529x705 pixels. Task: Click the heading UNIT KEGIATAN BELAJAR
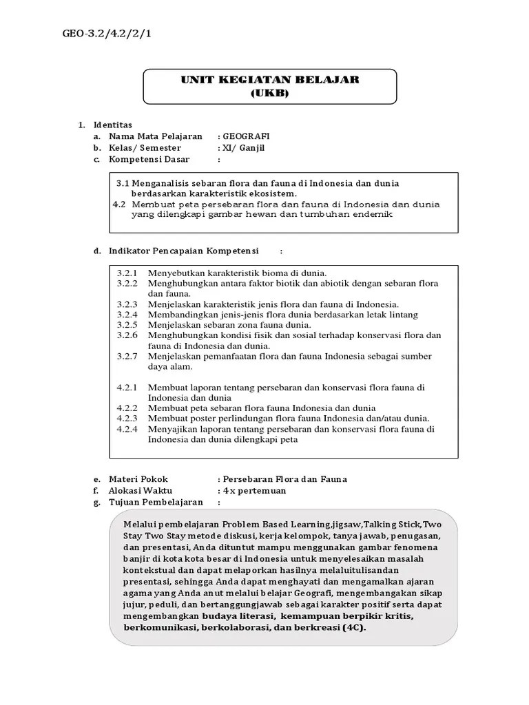point(271,81)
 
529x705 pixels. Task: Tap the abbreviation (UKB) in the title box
point(271,93)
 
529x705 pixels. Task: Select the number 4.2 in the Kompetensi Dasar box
point(118,204)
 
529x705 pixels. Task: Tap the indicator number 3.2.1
point(127,273)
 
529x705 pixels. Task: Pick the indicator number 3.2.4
point(127,314)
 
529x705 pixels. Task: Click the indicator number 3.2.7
point(127,356)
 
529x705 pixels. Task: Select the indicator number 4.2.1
point(127,387)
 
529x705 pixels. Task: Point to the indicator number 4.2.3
point(127,418)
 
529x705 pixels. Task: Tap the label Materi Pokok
point(138,479)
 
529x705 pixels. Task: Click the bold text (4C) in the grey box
point(353,629)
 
